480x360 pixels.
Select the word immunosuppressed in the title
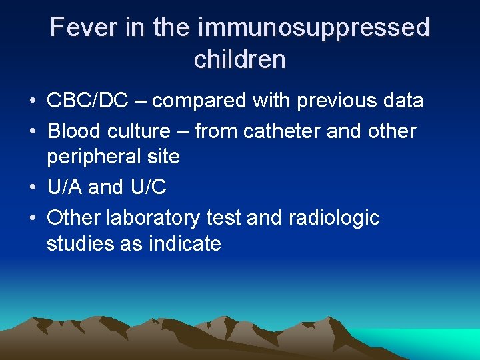313,28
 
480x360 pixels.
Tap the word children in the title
239,59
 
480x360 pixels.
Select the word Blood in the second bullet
71,131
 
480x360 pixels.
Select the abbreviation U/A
65,187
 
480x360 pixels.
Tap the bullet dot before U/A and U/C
32,188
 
